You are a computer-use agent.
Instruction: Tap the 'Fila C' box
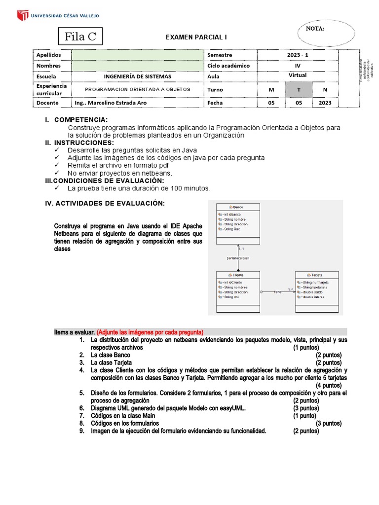[x=80, y=36]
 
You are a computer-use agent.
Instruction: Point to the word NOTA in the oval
[x=315, y=29]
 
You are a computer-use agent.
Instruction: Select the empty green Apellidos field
[x=138, y=55]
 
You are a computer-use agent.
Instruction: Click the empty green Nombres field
[x=138, y=66]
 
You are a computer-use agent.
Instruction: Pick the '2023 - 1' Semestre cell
[x=297, y=55]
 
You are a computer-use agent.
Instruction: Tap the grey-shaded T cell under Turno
[x=298, y=90]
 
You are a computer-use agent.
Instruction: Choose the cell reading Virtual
[x=297, y=75]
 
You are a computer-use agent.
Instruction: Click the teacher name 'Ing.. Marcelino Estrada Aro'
[x=110, y=103]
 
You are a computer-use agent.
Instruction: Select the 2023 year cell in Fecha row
[x=325, y=103]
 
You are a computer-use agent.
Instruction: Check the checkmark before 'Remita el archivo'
[x=57, y=165]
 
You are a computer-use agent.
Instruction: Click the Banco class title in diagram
[x=238, y=207]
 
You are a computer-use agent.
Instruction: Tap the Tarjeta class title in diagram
[x=316, y=275]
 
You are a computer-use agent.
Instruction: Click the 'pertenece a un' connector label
[x=238, y=258]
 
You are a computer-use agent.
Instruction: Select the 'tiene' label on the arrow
[x=277, y=292]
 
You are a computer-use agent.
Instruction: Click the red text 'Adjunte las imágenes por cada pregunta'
[x=150, y=332]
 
